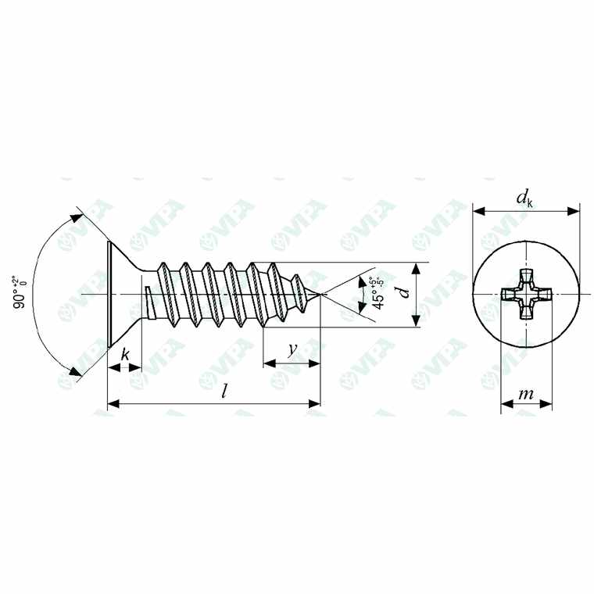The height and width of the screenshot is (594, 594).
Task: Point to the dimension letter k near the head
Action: click(124, 354)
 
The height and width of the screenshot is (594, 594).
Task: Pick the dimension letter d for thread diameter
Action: click(403, 294)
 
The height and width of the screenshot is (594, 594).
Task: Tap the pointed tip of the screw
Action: click(320, 294)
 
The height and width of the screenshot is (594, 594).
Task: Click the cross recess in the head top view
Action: click(526, 295)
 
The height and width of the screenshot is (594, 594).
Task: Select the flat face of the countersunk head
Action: click(107, 294)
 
